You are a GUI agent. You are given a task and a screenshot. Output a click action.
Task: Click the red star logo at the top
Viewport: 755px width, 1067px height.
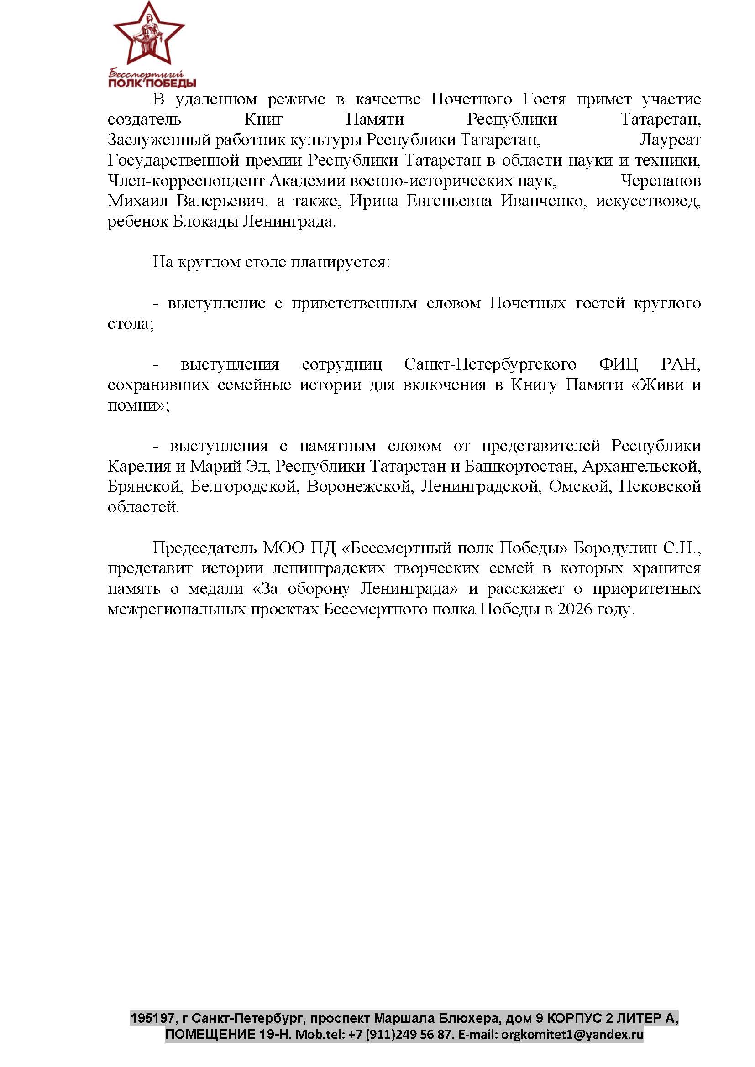pos(149,35)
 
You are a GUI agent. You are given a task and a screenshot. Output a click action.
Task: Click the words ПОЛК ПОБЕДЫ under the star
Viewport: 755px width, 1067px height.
pos(152,83)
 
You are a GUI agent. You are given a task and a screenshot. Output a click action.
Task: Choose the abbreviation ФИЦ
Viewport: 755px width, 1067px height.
pos(619,364)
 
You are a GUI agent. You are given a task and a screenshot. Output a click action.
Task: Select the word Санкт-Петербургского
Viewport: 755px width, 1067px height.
pos(490,364)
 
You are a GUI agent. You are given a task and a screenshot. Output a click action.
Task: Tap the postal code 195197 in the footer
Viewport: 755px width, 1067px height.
pos(152,1018)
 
